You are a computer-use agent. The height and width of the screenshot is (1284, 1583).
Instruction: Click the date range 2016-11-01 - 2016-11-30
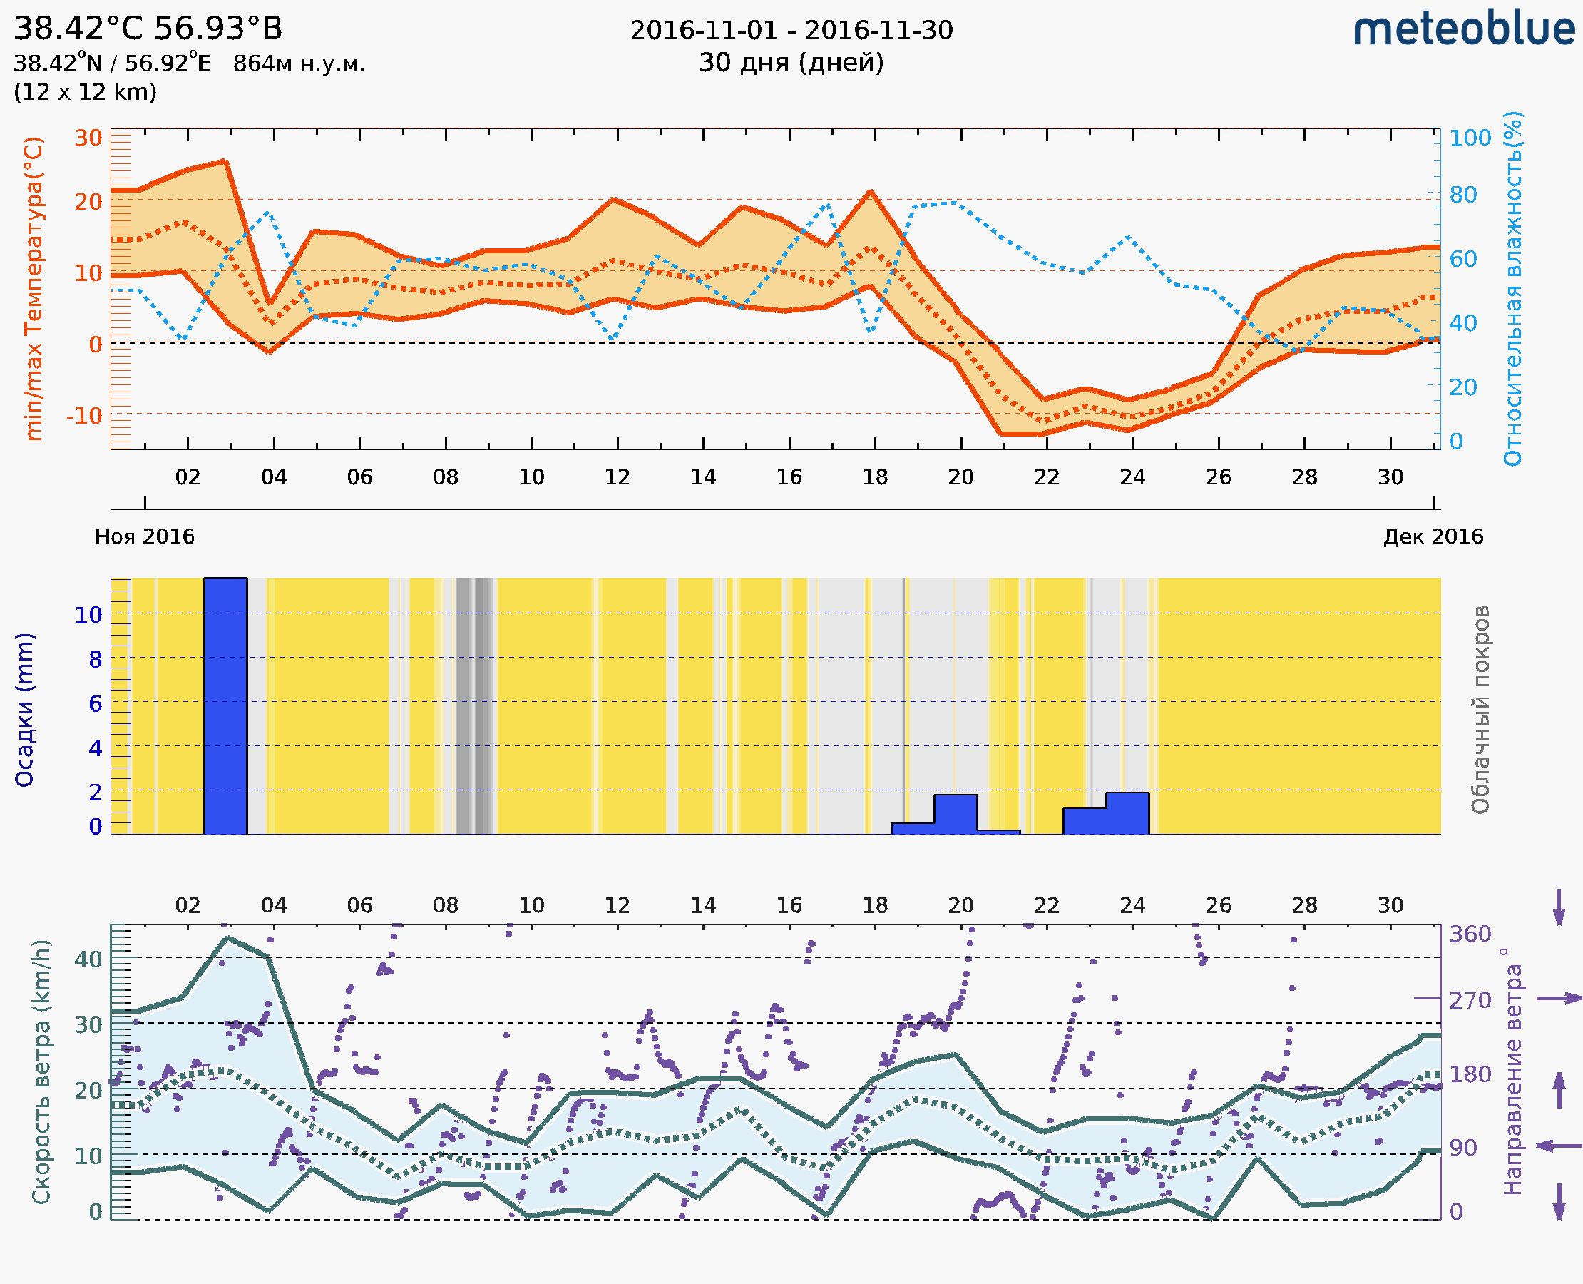point(791,31)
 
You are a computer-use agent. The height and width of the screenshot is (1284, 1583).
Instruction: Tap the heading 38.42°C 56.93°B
point(148,29)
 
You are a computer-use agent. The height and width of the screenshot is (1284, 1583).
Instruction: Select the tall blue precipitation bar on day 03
point(225,705)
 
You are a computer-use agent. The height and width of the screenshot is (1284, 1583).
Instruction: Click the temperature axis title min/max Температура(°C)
point(34,288)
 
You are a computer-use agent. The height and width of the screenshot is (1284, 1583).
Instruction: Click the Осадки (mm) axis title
point(24,710)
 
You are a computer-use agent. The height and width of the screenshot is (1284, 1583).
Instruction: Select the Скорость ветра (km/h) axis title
point(41,1072)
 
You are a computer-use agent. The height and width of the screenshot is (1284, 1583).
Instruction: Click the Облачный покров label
point(1480,710)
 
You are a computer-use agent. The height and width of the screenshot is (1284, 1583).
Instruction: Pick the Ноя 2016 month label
point(145,537)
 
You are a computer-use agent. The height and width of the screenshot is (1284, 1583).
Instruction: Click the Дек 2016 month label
point(1433,537)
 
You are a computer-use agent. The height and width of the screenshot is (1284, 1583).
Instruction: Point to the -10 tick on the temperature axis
point(84,417)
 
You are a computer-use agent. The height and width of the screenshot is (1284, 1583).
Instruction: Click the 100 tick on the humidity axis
point(1470,138)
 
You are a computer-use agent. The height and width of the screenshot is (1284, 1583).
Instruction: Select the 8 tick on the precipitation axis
point(96,660)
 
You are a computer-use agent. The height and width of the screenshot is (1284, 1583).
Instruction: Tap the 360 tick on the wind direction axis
point(1470,934)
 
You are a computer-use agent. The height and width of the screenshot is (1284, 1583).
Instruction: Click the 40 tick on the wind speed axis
point(88,959)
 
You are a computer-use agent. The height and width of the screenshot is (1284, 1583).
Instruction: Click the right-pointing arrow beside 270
point(1559,999)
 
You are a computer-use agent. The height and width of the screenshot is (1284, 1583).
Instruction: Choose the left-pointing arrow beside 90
point(1559,1146)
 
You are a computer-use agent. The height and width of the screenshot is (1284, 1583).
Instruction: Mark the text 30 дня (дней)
point(791,63)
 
